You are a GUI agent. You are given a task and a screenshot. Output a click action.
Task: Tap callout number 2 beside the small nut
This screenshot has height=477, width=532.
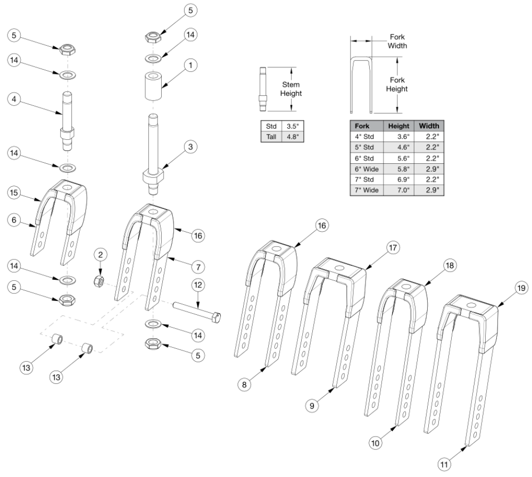click(x=99, y=255)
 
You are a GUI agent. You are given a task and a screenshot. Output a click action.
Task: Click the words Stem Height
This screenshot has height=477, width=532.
click(x=292, y=89)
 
